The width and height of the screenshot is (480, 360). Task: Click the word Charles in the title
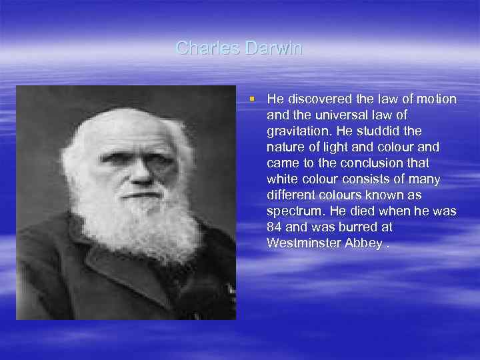coord(199,48)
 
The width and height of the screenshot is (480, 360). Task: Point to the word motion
coord(437,99)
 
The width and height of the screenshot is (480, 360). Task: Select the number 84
coord(275,227)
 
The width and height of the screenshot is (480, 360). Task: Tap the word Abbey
coord(361,243)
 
